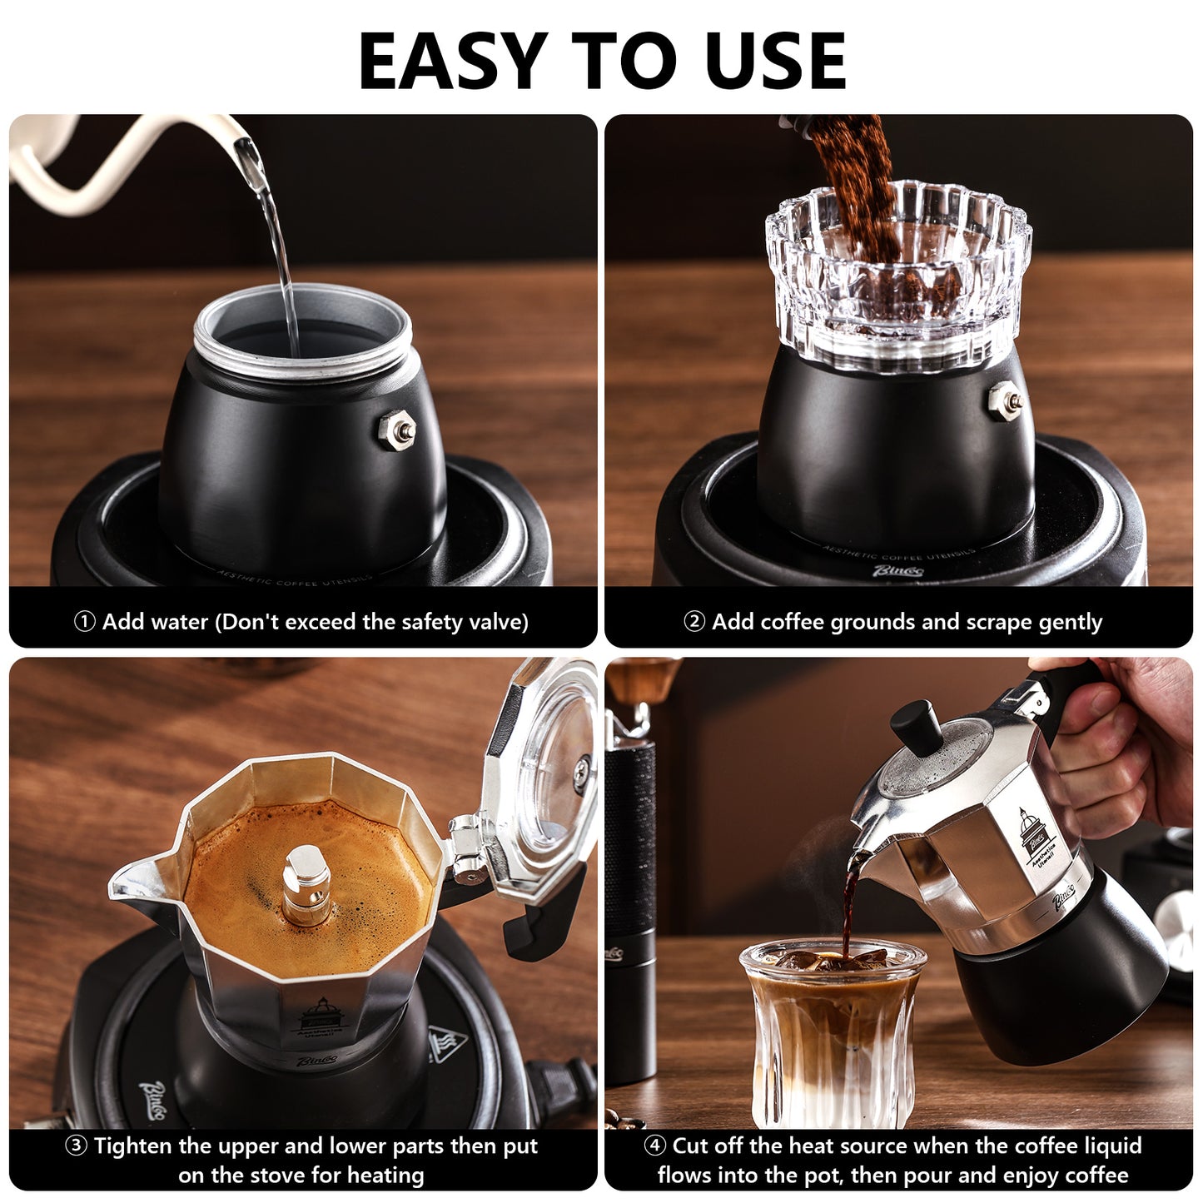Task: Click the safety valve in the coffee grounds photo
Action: pos(1002,400)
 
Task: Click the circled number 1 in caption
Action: pos(84,622)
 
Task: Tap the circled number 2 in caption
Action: pos(694,622)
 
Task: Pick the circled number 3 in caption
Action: pos(76,1146)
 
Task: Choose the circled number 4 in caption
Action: pos(655,1146)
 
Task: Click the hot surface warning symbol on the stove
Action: pos(447,1045)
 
